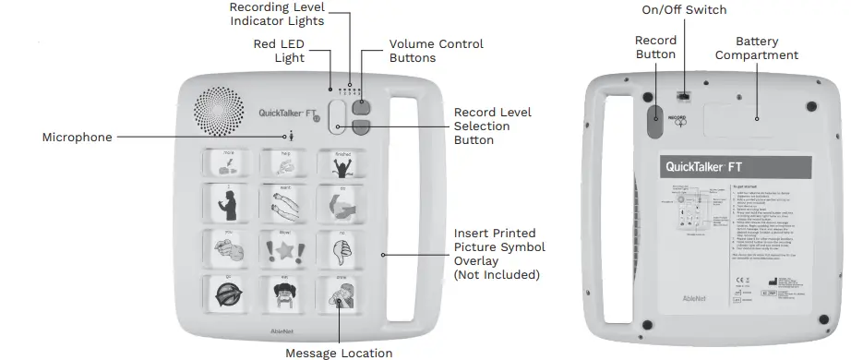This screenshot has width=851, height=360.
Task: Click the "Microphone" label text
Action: [78, 138]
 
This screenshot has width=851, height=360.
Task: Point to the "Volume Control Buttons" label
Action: [436, 51]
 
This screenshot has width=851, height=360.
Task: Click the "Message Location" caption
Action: [339, 353]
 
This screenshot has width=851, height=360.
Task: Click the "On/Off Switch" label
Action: [684, 10]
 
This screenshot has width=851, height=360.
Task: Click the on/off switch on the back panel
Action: [684, 95]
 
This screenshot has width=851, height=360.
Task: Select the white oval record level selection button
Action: [338, 117]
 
